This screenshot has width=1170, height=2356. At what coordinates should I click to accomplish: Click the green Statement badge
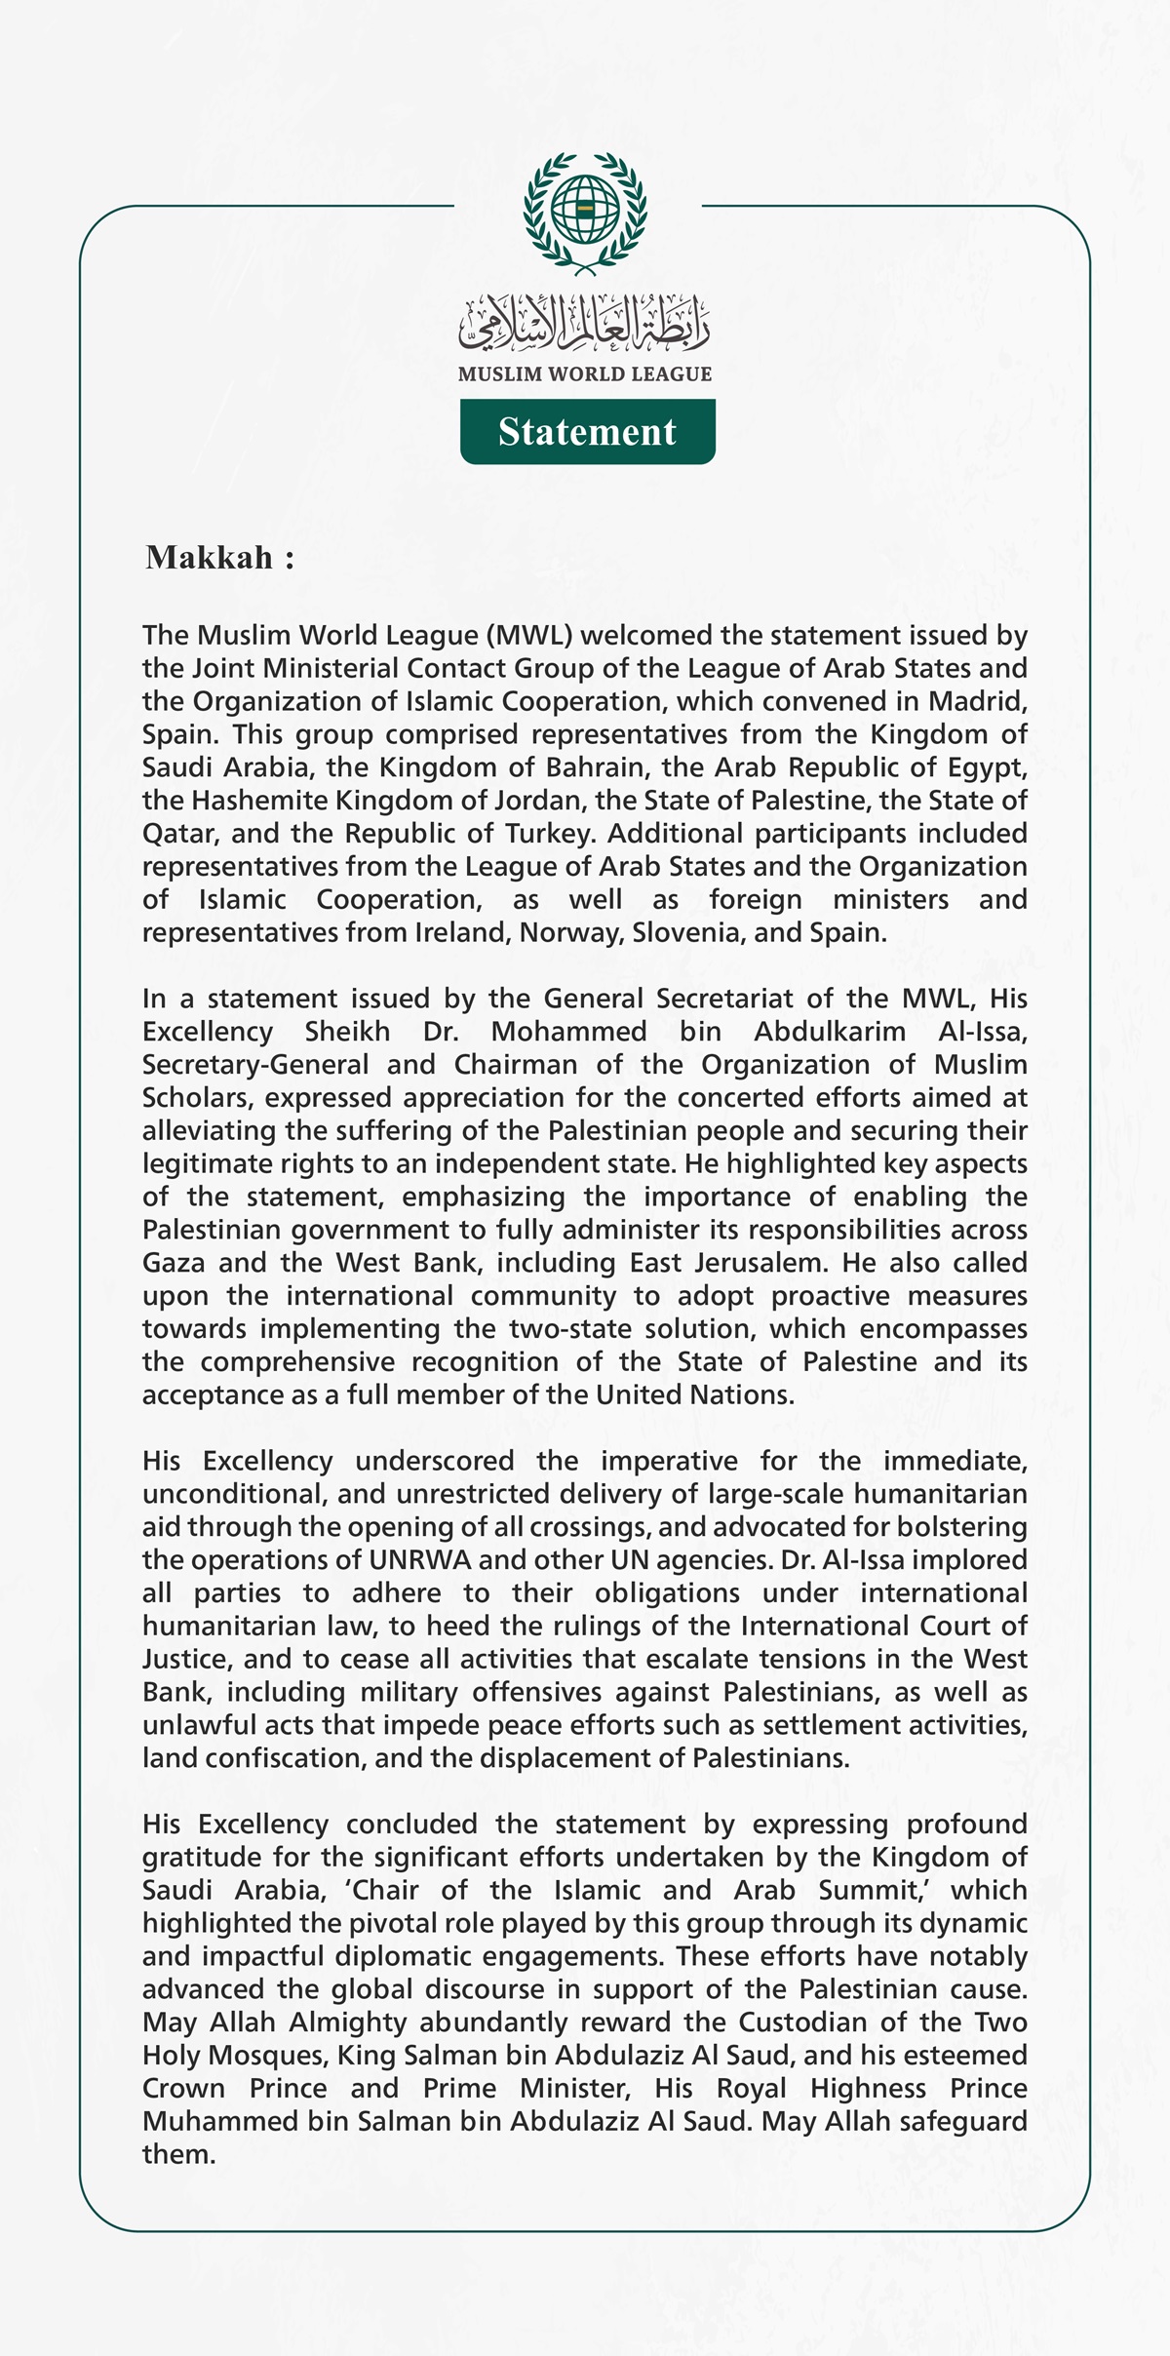pos(587,432)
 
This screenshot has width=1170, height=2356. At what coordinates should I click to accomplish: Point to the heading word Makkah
pos(210,558)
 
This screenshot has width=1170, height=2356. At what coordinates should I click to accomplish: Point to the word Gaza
pos(174,1263)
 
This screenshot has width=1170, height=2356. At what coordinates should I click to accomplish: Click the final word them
pos(177,2155)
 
